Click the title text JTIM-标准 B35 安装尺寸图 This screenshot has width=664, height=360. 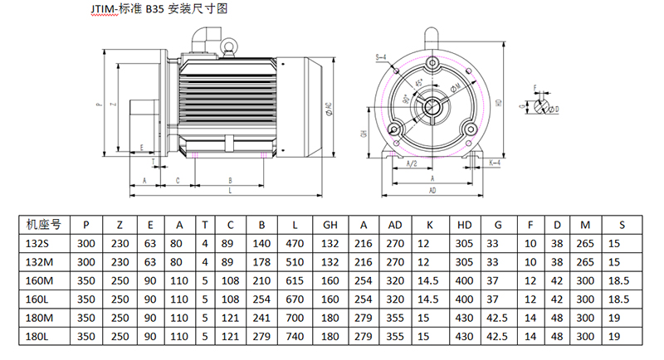click(x=158, y=10)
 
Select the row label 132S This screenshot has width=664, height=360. click(x=38, y=243)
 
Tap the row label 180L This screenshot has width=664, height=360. click(x=38, y=338)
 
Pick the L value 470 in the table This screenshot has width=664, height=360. click(x=295, y=243)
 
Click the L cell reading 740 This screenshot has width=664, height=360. click(x=295, y=338)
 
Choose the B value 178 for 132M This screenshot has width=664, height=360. click(x=261, y=261)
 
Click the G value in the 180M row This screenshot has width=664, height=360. click(x=497, y=319)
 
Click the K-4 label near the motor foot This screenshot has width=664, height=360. click(x=495, y=163)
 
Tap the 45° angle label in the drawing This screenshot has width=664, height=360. click(x=419, y=84)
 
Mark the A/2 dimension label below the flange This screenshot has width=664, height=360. click(x=408, y=163)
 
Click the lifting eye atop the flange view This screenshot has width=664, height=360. click(x=431, y=36)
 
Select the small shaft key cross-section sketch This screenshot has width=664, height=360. click(x=544, y=105)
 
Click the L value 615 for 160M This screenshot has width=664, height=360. click(x=295, y=280)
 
